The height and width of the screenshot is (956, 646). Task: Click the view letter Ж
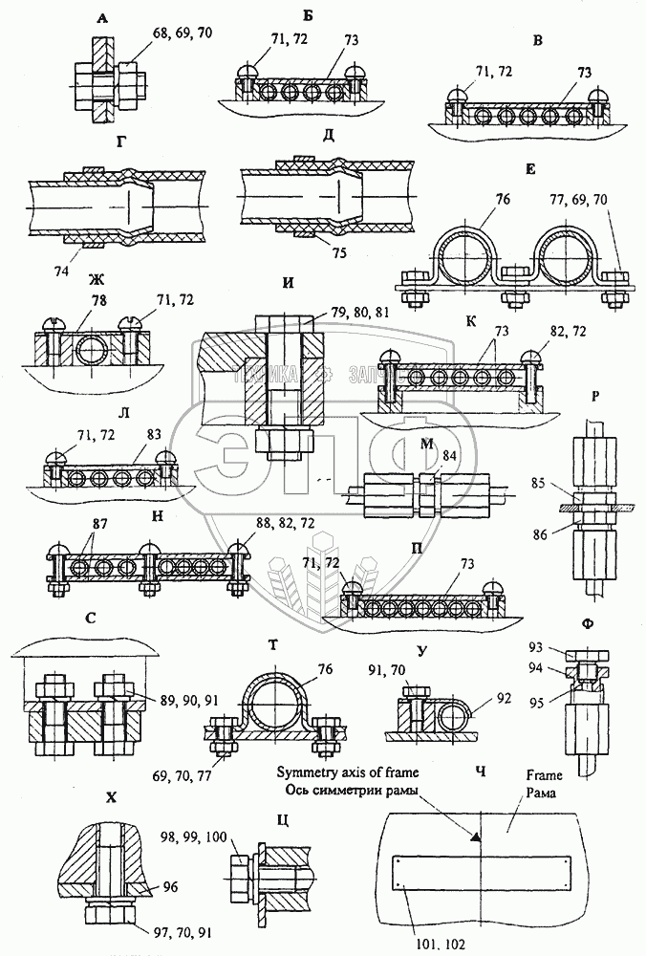[70, 281]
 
